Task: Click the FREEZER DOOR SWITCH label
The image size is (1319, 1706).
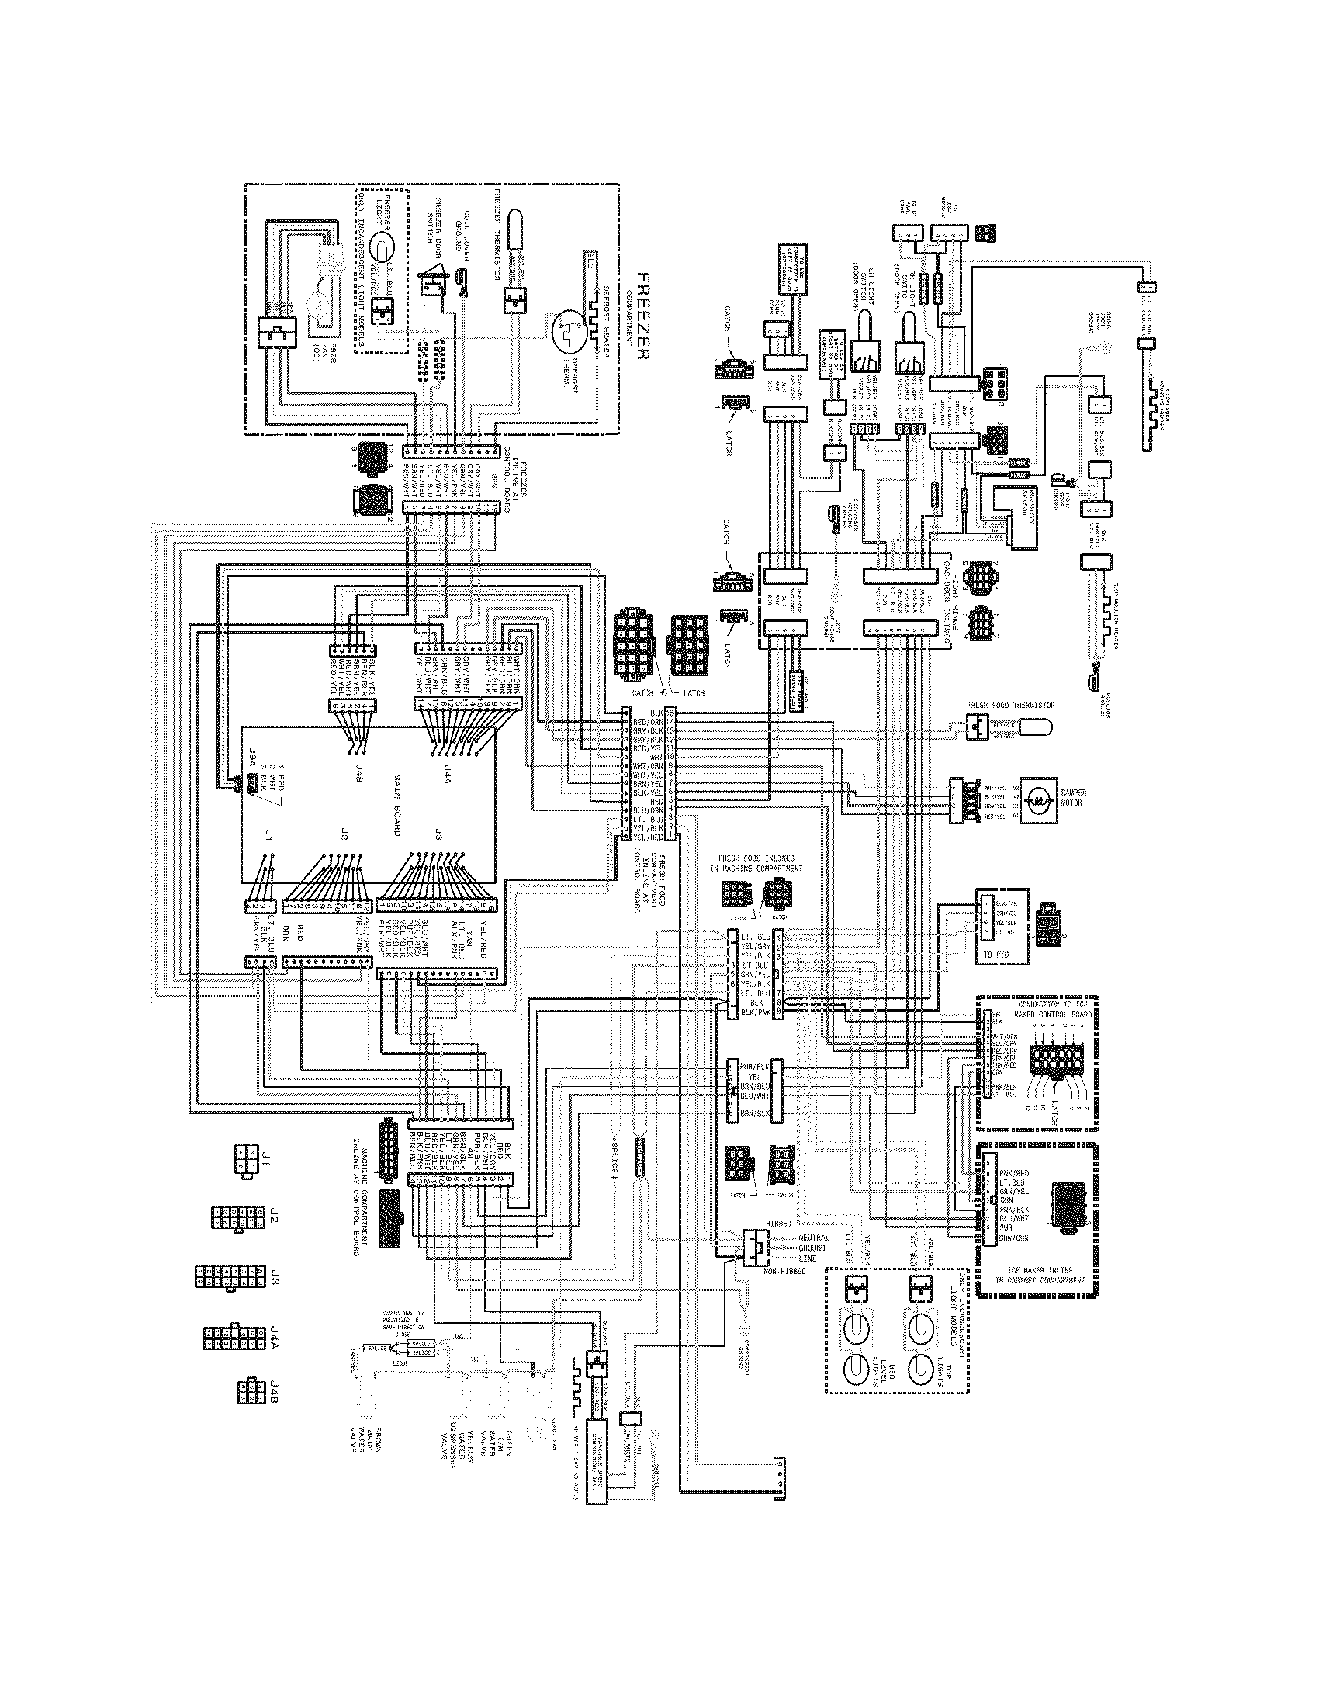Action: [x=445, y=226]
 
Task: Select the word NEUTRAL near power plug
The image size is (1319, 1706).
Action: [x=815, y=1238]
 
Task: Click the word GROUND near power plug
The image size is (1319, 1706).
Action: [x=813, y=1249]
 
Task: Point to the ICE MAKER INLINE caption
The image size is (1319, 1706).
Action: [x=1034, y=1276]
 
